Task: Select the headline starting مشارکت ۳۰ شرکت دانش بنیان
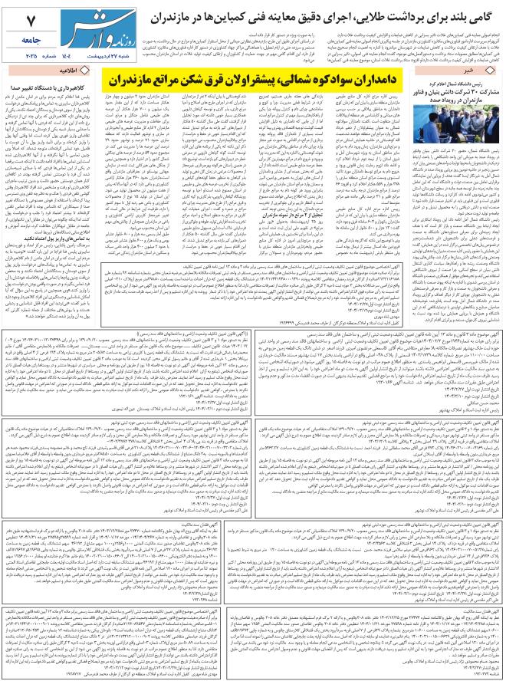click(x=453, y=94)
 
